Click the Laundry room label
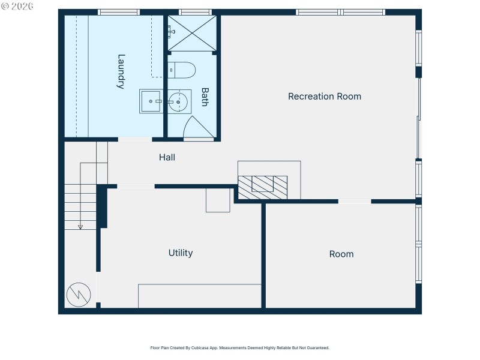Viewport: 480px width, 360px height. point(121,72)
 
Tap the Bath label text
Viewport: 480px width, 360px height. point(205,97)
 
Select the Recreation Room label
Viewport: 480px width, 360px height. point(325,96)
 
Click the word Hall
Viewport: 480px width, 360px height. point(167,157)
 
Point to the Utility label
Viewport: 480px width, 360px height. point(181,253)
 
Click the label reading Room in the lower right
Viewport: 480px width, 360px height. point(341,254)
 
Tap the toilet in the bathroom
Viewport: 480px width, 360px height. point(182,71)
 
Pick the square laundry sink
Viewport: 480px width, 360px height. point(151,102)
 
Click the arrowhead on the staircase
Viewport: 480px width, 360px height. point(80,227)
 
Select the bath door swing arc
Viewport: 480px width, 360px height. point(197,127)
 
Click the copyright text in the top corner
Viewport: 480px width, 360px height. point(17,5)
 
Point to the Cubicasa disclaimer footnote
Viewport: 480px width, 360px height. point(239,347)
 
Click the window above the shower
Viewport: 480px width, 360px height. point(195,12)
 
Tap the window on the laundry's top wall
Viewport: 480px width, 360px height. point(119,12)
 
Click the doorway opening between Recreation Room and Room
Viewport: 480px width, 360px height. point(355,202)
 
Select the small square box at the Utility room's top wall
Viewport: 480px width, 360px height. point(218,200)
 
